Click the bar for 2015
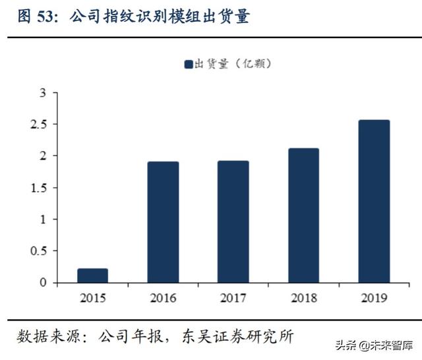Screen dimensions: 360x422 pos(92,276)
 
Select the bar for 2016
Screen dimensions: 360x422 pos(163,222)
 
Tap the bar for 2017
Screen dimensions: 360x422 pos(233,222)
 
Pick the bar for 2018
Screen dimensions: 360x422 pos(303,216)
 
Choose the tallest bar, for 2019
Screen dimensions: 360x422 pos(374,201)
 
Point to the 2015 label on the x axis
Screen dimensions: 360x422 pos(92,298)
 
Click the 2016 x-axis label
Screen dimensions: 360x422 pos(163,298)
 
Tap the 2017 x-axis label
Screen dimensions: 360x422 pos(233,298)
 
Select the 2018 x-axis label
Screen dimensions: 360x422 pos(303,298)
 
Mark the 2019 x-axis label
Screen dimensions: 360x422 pos(374,298)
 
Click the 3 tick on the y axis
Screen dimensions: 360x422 pos(43,93)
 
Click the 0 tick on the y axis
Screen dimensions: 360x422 pos(43,283)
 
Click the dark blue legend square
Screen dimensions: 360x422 pos(188,64)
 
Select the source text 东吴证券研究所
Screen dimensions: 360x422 pos(243,337)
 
